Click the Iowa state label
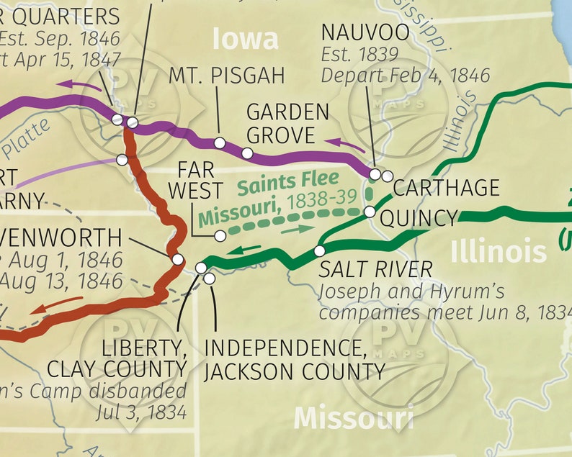[245, 40]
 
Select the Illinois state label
[499, 251]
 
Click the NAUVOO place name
[365, 32]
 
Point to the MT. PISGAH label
[227, 75]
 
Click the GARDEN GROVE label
[287, 123]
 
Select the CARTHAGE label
[446, 188]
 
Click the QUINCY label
[419, 218]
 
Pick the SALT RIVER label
[376, 270]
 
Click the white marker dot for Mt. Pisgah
[220, 143]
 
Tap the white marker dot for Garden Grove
[247, 153]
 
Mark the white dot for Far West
[220, 236]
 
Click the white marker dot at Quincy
[370, 212]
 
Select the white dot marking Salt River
[320, 251]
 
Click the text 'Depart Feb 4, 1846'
[406, 75]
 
